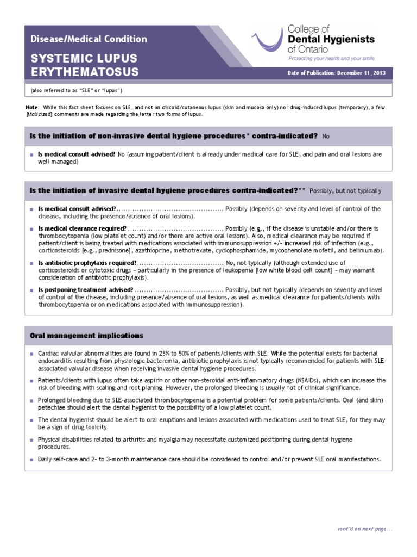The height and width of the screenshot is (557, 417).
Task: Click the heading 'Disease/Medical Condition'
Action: (89, 39)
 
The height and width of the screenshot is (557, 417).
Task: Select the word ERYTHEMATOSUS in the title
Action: (85, 72)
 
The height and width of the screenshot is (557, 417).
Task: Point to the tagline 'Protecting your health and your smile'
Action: (331, 58)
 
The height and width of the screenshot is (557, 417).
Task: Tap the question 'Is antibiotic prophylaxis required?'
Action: (87, 263)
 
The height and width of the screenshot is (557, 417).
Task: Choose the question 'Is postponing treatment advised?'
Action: (86, 290)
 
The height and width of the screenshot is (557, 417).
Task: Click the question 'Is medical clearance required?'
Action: (83, 228)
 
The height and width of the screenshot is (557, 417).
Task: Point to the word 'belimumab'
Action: (369, 250)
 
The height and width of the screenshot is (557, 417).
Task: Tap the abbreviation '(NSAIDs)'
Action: (319, 380)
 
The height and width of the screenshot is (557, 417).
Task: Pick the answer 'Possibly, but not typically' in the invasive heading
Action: (345, 191)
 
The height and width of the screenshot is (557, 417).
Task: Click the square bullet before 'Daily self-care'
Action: (32, 459)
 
